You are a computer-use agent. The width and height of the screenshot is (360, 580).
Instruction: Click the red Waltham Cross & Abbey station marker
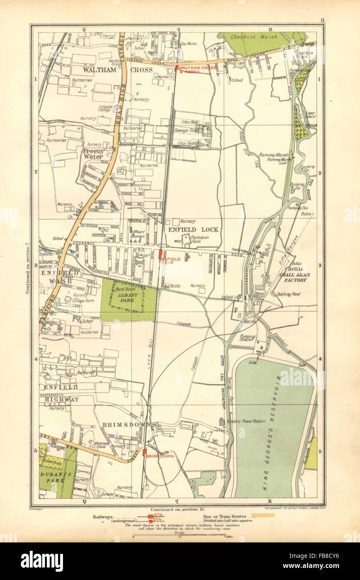coord(176,68)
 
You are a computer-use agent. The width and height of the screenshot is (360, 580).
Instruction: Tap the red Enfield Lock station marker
coord(160,255)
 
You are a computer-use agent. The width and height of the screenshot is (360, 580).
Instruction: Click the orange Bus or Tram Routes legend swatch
coord(261,516)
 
